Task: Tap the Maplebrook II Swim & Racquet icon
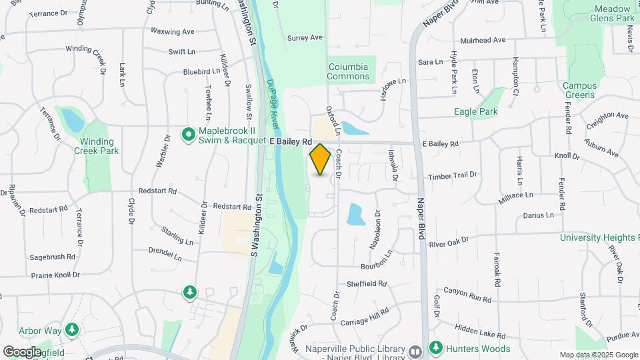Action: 188,135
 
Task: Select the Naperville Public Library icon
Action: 415,351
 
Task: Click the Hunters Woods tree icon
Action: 436,347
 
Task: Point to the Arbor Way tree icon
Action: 72,330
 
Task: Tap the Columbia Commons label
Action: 348,71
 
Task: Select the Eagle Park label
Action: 476,111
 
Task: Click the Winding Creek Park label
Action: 97,146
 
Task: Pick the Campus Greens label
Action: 579,90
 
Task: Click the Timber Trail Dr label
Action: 453,175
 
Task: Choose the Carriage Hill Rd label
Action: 364,316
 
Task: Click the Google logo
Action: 22,351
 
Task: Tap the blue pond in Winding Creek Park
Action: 72,120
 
